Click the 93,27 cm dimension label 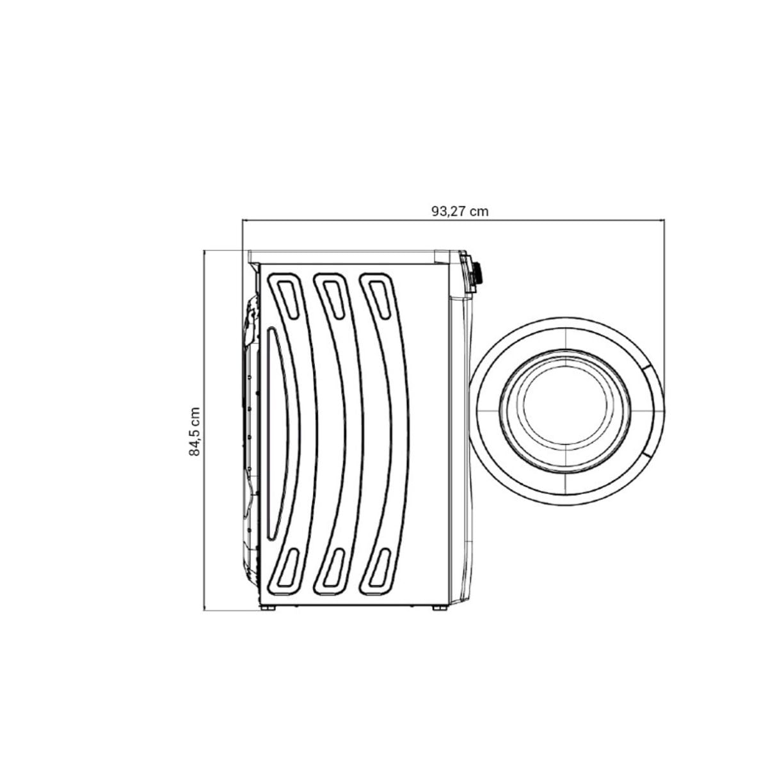pyautogui.click(x=460, y=211)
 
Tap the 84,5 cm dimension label pyautogui.click(x=195, y=431)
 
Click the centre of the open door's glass pyautogui.click(x=566, y=410)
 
